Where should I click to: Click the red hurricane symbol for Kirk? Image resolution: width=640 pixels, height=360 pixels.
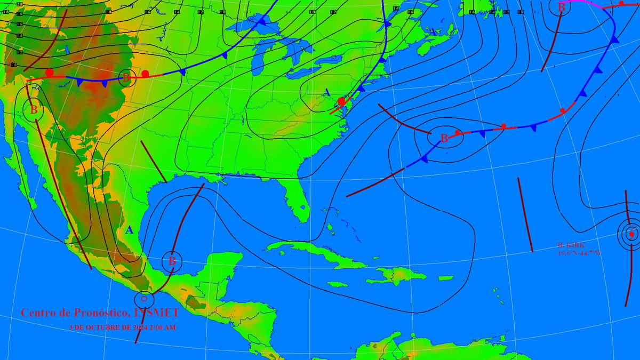click(x=631, y=234)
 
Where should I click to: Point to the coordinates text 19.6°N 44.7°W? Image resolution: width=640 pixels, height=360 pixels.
click(x=579, y=253)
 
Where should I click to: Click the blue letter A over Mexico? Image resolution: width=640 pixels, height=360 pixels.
click(x=129, y=230)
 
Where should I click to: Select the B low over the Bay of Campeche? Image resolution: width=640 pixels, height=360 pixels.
click(x=172, y=261)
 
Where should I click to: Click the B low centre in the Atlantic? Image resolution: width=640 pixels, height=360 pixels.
click(x=444, y=138)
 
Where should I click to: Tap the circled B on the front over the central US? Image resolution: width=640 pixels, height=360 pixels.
click(x=126, y=78)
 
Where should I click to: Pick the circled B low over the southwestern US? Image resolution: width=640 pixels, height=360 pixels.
click(x=34, y=110)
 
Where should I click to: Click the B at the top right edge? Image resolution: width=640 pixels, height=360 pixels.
click(x=561, y=7)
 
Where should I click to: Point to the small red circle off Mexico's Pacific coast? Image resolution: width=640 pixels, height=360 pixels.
click(x=143, y=299)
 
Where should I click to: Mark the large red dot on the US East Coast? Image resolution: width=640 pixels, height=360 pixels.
click(x=341, y=101)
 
